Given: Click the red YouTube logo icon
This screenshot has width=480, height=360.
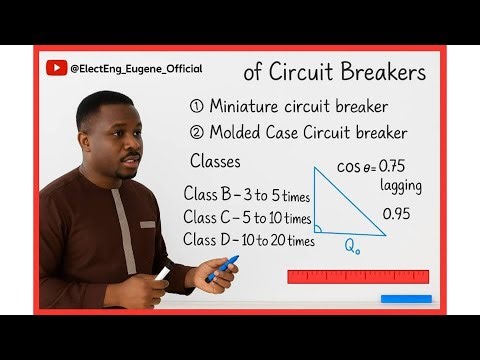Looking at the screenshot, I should (56, 68).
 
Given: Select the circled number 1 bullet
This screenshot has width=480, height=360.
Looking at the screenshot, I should (196, 107).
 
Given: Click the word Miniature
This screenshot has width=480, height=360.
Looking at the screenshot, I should (247, 107).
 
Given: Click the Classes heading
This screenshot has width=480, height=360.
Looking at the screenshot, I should (215, 162).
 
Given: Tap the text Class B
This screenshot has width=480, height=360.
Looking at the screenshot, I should (211, 193).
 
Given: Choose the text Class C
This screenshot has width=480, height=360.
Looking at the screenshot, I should (211, 217).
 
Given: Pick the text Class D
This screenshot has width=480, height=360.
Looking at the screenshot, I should (211, 240).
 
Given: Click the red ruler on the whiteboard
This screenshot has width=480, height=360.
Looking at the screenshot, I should (357, 276).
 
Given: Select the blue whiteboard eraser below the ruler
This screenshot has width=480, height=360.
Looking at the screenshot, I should (405, 298).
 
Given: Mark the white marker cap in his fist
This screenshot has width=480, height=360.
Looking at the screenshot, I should (162, 273).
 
